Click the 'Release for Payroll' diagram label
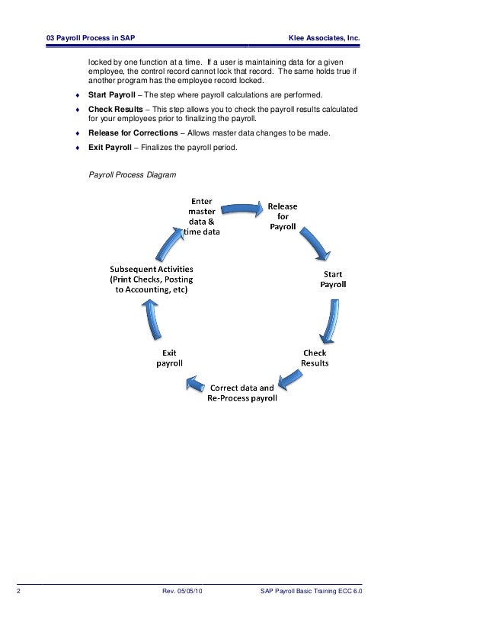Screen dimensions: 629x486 point(282,216)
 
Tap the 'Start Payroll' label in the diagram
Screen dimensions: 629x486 point(333,279)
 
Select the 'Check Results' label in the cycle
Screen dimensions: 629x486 point(315,358)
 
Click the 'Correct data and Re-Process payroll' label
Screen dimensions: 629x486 point(242,394)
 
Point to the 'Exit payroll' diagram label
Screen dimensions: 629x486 point(170,358)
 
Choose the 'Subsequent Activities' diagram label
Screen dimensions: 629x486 point(152,279)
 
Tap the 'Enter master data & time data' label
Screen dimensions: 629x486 point(202,216)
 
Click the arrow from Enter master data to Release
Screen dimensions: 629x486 point(241,206)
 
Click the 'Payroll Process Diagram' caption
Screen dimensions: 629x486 point(133,175)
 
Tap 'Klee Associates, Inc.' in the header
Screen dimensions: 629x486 point(323,39)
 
